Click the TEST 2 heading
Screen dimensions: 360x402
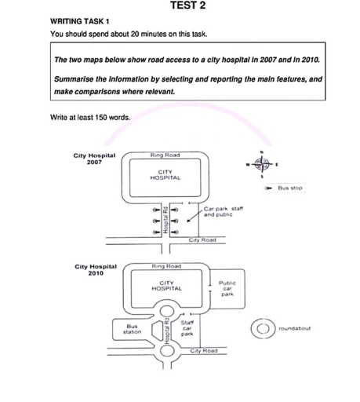(187, 5)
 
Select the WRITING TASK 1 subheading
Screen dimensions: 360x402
(80, 21)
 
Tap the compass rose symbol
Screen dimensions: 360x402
(262, 165)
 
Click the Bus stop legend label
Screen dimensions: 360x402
(290, 188)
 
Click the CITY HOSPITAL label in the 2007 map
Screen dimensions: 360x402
(165, 175)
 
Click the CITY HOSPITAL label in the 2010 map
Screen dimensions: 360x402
(166, 286)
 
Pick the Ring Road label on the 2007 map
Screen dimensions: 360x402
(165, 155)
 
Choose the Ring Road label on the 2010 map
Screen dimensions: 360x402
(166, 266)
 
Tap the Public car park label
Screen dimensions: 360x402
(227, 288)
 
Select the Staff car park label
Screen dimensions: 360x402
(187, 328)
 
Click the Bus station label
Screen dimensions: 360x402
(132, 329)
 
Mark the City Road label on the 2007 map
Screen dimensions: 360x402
(202, 240)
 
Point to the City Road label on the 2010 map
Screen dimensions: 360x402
(204, 351)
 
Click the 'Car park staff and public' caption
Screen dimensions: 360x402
(224, 211)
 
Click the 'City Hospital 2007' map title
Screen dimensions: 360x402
(94, 159)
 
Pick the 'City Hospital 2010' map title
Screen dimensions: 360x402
(96, 270)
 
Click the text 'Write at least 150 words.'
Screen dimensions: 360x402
(90, 117)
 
